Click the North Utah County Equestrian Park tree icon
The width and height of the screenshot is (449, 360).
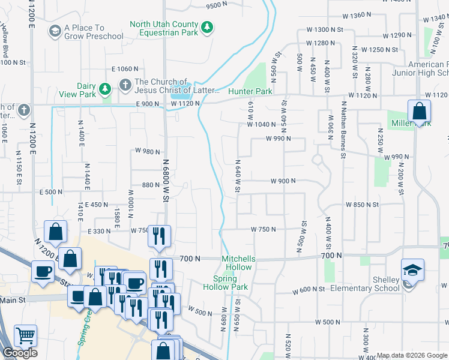[x=207, y=27]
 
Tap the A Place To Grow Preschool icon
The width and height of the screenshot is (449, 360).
[x=55, y=31]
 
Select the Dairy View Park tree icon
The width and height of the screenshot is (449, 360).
[x=106, y=89]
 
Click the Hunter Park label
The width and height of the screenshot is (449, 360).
[x=250, y=91]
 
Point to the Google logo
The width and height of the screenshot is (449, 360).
[x=20, y=353]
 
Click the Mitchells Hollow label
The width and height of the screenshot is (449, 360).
[x=238, y=263]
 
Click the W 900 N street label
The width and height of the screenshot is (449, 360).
[x=283, y=181]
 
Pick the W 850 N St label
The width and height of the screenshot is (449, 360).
[x=362, y=205]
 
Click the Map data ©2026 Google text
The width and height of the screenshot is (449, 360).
[x=411, y=355]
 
